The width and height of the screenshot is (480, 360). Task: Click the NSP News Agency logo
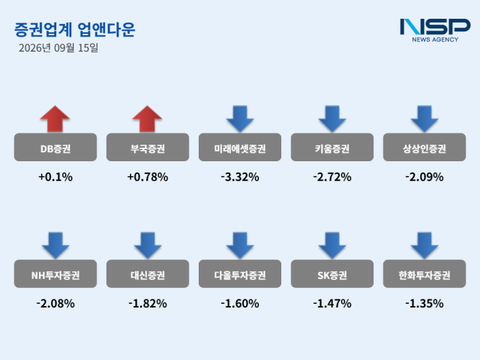tap(435, 30)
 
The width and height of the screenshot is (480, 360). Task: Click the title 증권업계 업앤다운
tap(75, 30)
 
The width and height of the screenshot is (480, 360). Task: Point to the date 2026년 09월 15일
tap(58, 48)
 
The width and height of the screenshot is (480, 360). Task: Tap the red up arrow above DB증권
tap(55, 119)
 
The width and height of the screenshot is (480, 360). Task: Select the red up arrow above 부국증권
tap(147, 119)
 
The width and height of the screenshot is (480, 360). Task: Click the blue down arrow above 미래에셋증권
tap(240, 119)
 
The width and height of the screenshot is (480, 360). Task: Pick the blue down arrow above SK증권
tap(332, 245)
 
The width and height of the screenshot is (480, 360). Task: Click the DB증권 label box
tap(55, 147)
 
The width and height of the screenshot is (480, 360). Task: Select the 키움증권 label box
tap(332, 147)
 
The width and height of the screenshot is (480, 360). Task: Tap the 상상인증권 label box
tap(424, 147)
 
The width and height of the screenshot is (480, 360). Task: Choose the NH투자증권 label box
tap(55, 274)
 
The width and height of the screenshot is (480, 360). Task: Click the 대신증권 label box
tap(148, 274)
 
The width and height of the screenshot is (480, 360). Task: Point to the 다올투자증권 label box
tap(240, 274)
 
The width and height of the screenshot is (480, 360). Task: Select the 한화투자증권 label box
tap(424, 274)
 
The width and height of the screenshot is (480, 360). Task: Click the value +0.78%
tap(148, 177)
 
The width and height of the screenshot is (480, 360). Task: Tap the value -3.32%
tap(240, 177)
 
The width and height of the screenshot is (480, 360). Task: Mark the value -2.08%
tap(55, 303)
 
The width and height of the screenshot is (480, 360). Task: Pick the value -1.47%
tap(332, 303)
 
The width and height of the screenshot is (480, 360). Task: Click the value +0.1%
tap(55, 177)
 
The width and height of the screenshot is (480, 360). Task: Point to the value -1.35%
tap(424, 303)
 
